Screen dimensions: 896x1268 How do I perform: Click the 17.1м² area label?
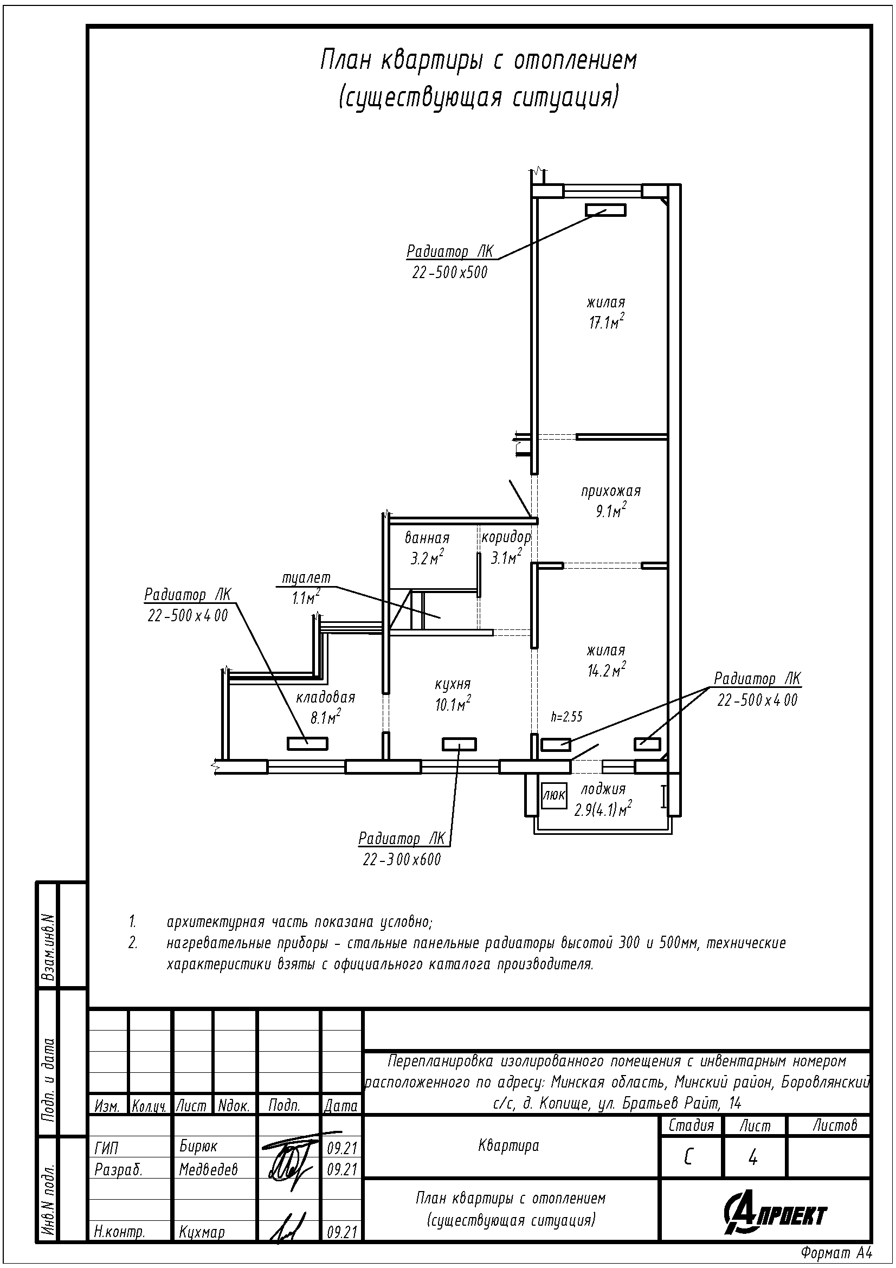607,321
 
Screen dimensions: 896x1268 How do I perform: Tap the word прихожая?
610,492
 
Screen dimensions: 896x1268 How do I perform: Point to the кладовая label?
326,698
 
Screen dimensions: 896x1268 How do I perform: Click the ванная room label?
427,538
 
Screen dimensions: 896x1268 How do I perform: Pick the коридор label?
506,537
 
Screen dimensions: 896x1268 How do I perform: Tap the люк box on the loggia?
554,795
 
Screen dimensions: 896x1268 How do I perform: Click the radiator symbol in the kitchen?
459,745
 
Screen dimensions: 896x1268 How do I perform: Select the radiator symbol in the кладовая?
307,744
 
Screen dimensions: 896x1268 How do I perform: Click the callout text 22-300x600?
402,860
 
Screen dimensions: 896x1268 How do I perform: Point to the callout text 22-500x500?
450,272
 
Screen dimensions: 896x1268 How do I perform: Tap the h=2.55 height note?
567,717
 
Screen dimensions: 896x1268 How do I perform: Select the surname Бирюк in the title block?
199,1147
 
